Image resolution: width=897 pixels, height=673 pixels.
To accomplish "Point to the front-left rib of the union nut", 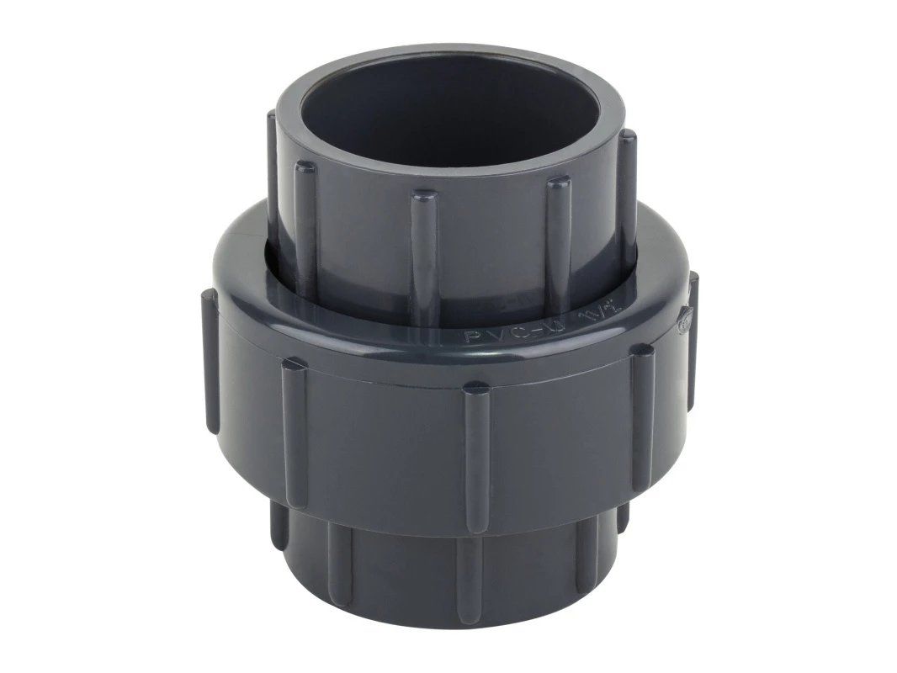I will point(295,421).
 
